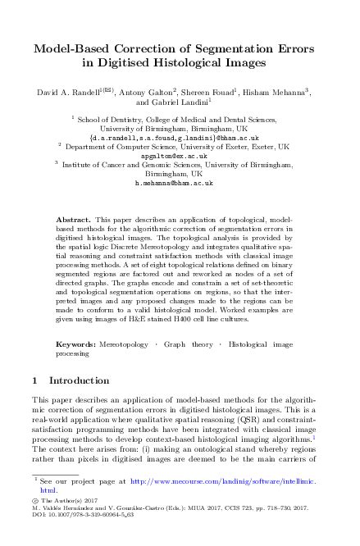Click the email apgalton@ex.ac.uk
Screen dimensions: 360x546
(180, 155)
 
